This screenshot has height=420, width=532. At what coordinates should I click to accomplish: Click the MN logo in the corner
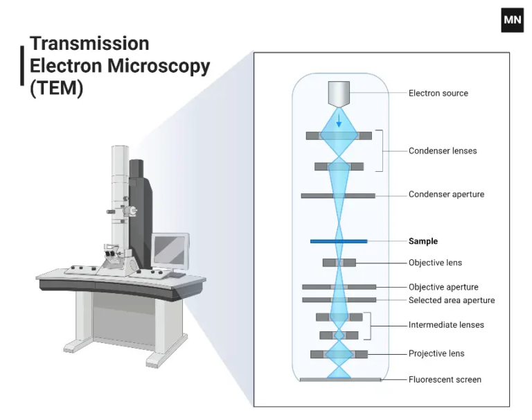(x=512, y=20)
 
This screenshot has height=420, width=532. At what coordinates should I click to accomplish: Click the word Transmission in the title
(x=89, y=44)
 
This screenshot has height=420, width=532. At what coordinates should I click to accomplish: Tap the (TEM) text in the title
(x=56, y=89)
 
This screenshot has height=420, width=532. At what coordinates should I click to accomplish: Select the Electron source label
(x=438, y=93)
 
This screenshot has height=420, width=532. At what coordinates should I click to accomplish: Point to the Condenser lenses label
(x=442, y=150)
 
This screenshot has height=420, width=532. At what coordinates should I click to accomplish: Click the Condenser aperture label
(x=446, y=194)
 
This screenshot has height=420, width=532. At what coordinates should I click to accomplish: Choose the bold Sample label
(x=423, y=241)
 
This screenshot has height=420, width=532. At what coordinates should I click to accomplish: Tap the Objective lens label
(x=434, y=263)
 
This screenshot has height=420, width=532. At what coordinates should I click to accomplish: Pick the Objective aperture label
(x=443, y=287)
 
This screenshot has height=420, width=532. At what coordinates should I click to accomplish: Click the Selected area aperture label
(x=451, y=300)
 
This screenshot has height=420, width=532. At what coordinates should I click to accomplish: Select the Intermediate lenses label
(x=446, y=324)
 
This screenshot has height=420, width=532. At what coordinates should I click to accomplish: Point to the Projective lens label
(x=436, y=353)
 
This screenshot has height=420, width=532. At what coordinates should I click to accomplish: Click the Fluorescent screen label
(x=444, y=379)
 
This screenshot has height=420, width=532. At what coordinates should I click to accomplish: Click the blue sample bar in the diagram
(x=338, y=241)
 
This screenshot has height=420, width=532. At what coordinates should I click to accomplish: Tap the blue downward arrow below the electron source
(x=339, y=121)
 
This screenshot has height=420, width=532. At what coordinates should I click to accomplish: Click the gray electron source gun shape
(x=339, y=94)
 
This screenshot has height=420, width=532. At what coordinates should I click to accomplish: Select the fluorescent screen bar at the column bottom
(x=339, y=380)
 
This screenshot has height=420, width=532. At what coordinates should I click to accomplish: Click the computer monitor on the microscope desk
(x=169, y=249)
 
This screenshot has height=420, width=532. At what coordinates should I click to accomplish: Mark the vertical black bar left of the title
(x=23, y=66)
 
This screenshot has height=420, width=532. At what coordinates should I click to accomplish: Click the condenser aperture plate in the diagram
(x=319, y=195)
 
